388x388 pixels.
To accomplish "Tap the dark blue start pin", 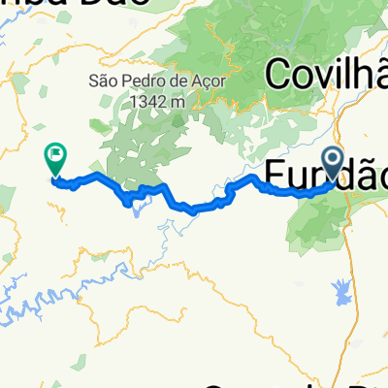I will point(332,161).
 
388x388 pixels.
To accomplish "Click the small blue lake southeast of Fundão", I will point(342,288).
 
